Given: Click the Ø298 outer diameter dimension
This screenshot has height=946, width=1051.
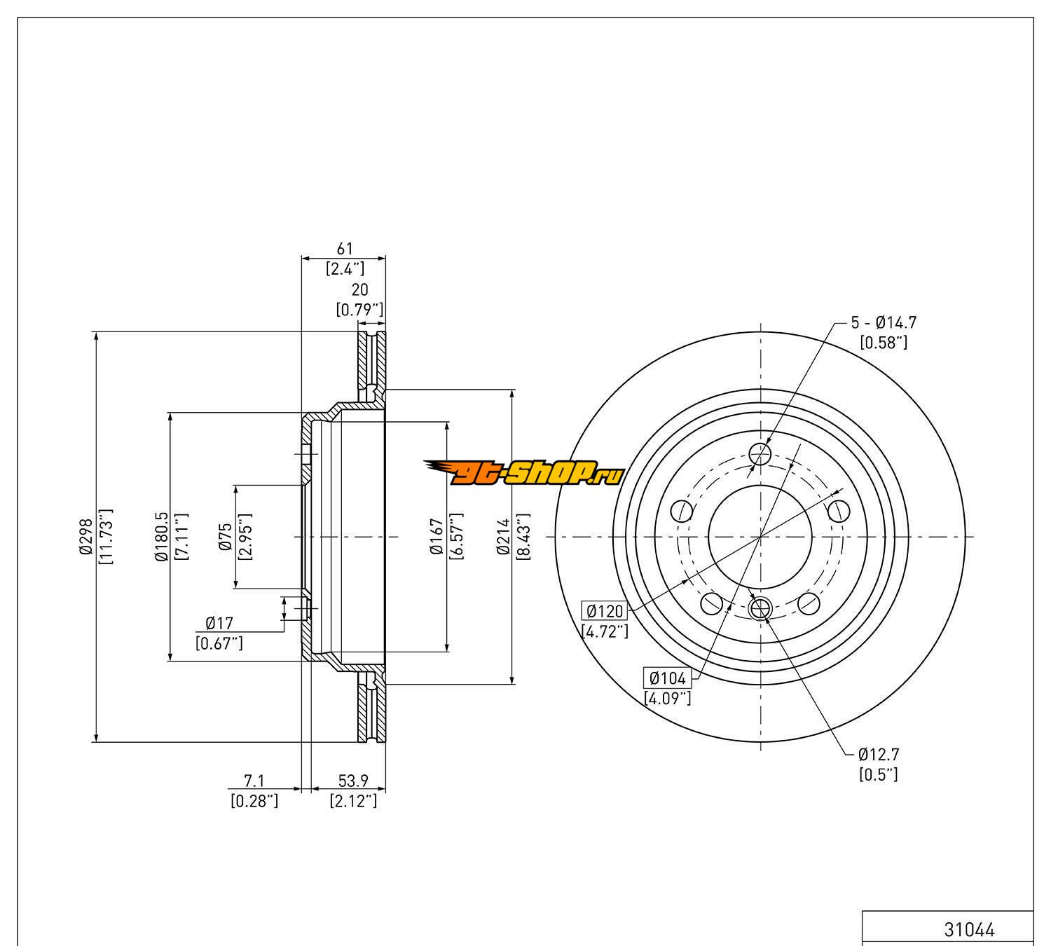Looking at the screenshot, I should [x=85, y=537].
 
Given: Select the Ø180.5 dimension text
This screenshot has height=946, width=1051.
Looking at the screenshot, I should [x=161, y=537].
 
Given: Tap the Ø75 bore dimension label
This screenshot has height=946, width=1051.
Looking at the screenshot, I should [x=226, y=537].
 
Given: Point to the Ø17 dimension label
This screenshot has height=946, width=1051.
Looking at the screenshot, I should [x=219, y=622].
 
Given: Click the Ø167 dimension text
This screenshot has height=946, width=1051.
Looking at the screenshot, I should [x=436, y=537].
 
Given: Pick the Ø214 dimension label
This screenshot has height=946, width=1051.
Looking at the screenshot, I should [x=502, y=537].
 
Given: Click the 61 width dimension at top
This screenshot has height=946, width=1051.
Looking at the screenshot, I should [x=345, y=249].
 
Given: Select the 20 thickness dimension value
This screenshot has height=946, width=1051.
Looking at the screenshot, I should [x=359, y=289].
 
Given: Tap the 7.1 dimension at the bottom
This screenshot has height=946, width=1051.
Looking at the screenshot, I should [x=254, y=781].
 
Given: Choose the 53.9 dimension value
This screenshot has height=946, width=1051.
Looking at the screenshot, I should [x=353, y=781].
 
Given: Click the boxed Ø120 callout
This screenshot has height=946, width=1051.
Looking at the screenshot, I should [x=604, y=611].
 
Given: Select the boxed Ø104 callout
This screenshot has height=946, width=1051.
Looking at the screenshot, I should [x=668, y=678].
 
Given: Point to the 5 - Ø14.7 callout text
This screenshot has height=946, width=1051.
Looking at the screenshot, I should [x=884, y=322].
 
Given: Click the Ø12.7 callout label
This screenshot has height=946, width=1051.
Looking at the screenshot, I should [x=879, y=755].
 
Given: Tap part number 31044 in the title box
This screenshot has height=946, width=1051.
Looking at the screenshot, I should [x=969, y=930].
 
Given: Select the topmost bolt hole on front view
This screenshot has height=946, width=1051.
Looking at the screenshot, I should [x=760, y=454].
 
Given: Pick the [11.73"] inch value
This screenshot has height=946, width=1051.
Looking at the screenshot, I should [x=107, y=537].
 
